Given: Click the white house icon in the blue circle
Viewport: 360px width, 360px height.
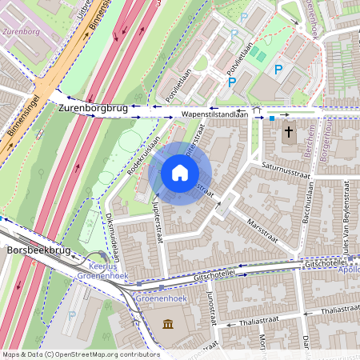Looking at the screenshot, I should (179, 172).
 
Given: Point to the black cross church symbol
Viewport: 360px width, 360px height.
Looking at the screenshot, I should (287, 130).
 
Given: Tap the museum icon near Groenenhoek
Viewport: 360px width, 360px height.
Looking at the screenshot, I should (169, 324).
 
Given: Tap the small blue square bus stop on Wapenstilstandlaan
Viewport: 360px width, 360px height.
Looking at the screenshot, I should (272, 118).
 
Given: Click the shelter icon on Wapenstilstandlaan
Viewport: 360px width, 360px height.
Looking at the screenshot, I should (256, 111).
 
